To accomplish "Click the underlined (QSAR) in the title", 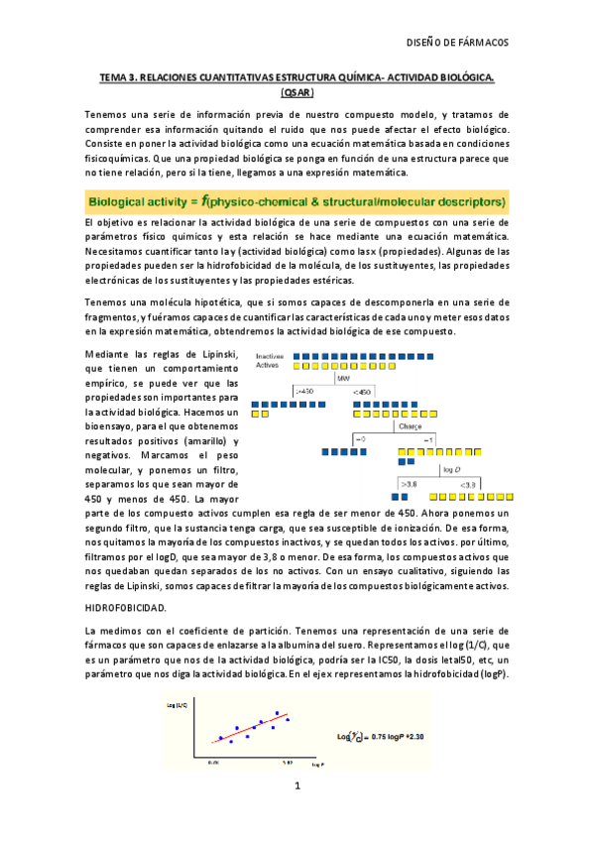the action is (x=297, y=92).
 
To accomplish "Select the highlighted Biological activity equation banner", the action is (x=297, y=201).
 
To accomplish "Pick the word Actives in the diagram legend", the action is (x=268, y=364).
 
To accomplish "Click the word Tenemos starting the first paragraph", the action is (x=106, y=115).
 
